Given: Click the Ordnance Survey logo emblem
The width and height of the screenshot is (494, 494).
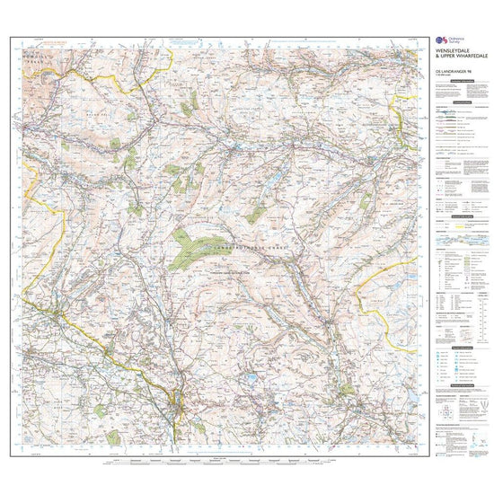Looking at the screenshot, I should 439,41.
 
